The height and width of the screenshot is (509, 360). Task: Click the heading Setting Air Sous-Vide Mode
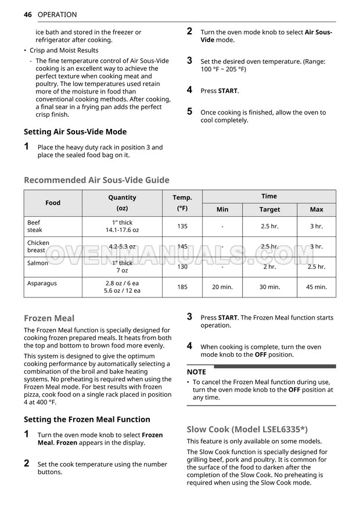click(75, 132)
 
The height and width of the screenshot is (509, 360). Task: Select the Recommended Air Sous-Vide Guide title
click(96, 180)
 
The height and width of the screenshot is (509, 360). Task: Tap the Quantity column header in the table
click(122, 198)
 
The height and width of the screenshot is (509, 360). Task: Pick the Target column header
click(269, 210)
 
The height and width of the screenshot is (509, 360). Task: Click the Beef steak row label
click(34, 226)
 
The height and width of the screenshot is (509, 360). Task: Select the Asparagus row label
click(42, 284)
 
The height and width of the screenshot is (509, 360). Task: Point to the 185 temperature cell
click(182, 287)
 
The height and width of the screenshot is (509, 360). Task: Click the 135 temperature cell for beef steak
click(182, 227)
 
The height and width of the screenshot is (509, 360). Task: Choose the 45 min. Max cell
click(316, 287)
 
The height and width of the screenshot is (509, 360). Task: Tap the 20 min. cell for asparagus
click(222, 287)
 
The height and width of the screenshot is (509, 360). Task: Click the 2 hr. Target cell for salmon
click(269, 267)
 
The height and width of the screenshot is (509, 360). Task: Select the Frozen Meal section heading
click(49, 318)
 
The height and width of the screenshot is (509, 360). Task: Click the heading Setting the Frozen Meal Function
click(87, 420)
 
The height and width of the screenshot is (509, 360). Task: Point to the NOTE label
click(196, 372)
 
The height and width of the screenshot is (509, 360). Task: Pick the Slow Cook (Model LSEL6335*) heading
click(246, 429)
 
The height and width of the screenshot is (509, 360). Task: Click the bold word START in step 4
click(228, 91)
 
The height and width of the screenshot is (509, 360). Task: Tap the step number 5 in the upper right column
click(189, 112)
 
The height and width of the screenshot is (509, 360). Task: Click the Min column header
click(222, 210)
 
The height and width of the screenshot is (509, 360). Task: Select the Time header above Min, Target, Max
click(269, 196)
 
